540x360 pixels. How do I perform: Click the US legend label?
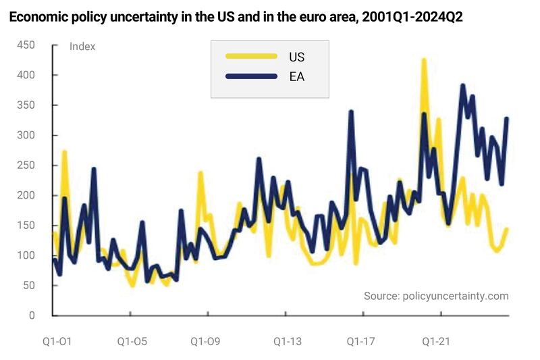coord(296,57)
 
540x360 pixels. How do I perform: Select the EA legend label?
coord(296,76)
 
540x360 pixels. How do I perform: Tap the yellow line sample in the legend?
coord(251,57)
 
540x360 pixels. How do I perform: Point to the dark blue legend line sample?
coord(251,76)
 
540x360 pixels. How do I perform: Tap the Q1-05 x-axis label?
coord(132,342)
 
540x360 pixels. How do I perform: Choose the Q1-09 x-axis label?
coord(205,342)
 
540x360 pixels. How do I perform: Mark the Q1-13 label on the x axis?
coord(288,342)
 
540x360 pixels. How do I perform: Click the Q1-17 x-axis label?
coord(361,342)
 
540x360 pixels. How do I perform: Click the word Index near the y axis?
coord(82,47)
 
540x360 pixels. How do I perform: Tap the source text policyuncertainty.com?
coord(436,296)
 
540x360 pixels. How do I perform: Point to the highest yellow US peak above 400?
coord(424,60)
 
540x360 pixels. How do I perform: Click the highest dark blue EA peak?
coord(462,86)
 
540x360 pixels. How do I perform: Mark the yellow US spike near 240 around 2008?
coord(200,173)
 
